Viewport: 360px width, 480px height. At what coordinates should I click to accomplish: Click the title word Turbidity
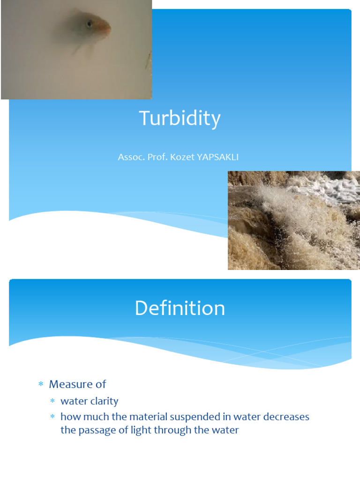click(x=180, y=119)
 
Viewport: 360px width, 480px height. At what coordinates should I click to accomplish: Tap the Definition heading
click(x=180, y=308)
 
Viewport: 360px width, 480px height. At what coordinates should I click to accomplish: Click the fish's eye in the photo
click(x=89, y=23)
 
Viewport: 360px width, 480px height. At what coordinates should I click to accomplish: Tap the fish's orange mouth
click(x=107, y=29)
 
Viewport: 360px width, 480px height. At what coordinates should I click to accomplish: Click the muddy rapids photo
click(x=293, y=220)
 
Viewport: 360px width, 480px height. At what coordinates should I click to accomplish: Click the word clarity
click(x=105, y=401)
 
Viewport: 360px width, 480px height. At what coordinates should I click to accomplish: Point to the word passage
click(x=94, y=430)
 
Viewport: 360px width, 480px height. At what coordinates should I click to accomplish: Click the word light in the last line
click(x=139, y=430)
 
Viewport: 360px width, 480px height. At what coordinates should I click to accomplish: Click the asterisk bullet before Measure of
click(x=40, y=385)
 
